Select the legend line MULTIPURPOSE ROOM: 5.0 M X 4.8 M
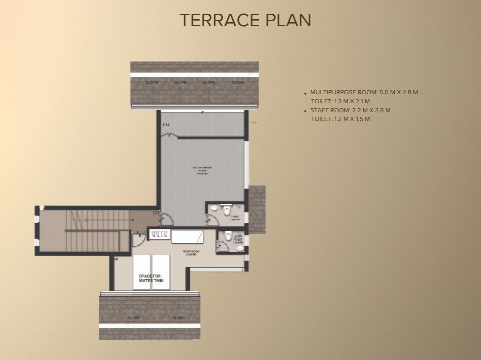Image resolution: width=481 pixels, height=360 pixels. click(x=364, y=92)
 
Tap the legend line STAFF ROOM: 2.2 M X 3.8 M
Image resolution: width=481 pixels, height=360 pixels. click(x=350, y=110)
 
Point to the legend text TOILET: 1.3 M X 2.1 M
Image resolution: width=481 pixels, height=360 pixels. click(x=340, y=101)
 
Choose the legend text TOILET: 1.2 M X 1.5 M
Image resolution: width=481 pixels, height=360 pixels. click(x=340, y=119)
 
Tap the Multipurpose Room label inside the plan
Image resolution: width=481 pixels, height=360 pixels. click(x=202, y=170)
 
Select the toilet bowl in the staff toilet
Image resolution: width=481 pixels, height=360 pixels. click(x=228, y=236)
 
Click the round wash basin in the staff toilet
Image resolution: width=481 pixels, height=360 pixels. click(x=238, y=248)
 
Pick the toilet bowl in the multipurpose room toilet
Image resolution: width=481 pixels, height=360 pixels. click(x=227, y=211)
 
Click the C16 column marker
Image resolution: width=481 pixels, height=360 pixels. click(x=166, y=125)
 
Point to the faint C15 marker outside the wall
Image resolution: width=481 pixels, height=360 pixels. click(x=254, y=122)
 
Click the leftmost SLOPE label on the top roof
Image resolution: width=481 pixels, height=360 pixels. click(x=152, y=83)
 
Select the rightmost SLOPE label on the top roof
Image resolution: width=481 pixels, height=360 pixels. click(x=237, y=83)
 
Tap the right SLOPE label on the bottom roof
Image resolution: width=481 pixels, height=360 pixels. click(x=178, y=318)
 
